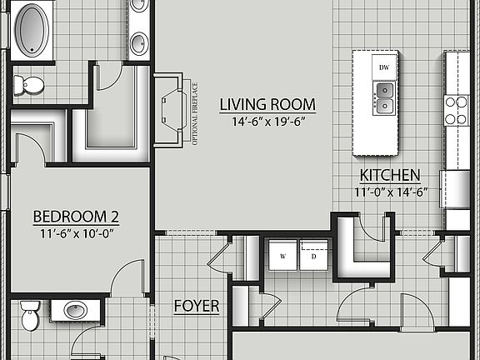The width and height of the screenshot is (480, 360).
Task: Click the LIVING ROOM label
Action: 267,105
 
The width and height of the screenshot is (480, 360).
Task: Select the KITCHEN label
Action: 389,176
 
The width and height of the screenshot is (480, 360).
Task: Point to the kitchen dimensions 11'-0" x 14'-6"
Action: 389,192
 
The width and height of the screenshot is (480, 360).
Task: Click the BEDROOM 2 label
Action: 76,217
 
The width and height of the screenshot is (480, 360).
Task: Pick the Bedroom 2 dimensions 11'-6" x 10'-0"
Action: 76,233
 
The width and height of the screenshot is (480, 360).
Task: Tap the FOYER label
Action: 196,307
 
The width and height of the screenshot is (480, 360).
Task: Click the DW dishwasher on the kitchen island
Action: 384,66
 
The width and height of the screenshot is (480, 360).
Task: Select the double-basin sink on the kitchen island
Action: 384,97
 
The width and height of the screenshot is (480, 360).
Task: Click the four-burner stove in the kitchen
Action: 456,109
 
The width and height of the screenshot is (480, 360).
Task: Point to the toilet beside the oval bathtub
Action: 31,84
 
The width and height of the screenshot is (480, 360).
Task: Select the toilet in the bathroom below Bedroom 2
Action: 28,317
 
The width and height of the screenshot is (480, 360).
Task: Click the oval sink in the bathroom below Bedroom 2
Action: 76,311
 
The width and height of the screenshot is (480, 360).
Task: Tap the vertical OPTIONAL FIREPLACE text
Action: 195,112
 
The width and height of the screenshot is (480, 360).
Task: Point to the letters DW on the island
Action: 384,66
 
